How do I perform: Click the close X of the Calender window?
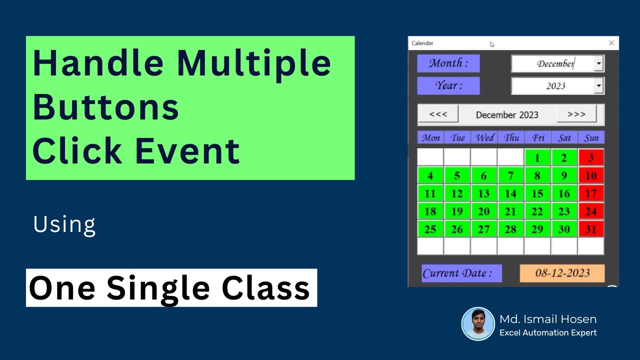[611, 43]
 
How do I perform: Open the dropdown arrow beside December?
[599, 63]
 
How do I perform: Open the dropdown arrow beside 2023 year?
[599, 85]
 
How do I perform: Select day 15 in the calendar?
[537, 193]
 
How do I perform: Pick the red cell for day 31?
[591, 228]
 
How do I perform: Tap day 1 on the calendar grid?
[537, 157]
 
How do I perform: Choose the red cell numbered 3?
[591, 157]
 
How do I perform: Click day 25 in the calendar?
[430, 228]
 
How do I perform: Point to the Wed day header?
[484, 137]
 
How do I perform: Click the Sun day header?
[591, 137]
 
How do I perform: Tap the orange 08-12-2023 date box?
[562, 273]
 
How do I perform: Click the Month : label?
[448, 63]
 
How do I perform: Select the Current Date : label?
[461, 273]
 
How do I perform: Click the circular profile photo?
[478, 323]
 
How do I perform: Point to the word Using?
[64, 225]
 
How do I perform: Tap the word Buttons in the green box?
[105, 107]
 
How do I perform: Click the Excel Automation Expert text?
[548, 332]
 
